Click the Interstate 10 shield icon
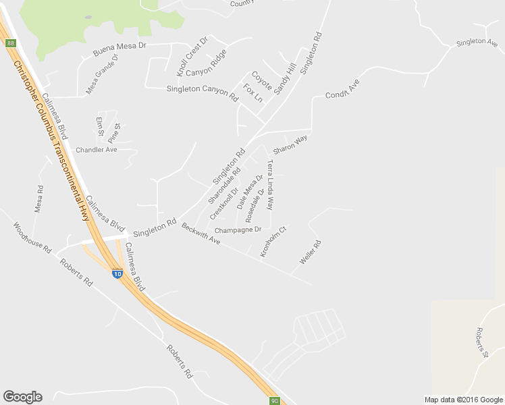[x=117, y=274]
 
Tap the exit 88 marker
[x=10, y=43]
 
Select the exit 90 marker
[x=274, y=400]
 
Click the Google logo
[x=22, y=397]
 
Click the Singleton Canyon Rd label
[x=203, y=93]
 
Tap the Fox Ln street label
[x=253, y=93]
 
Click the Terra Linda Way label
[x=271, y=184]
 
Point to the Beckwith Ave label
[x=201, y=234]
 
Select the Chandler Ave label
[x=97, y=150]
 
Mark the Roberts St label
[x=481, y=343]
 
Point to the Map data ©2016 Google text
[x=462, y=400]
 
